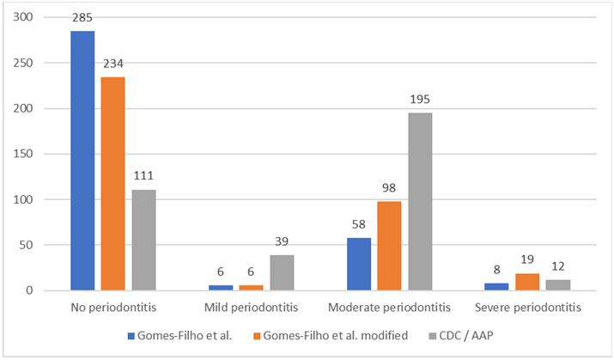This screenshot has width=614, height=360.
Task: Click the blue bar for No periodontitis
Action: coord(82,161)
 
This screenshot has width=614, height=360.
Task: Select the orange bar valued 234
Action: coord(112,184)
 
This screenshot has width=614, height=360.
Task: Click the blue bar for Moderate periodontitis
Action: coord(359,264)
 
